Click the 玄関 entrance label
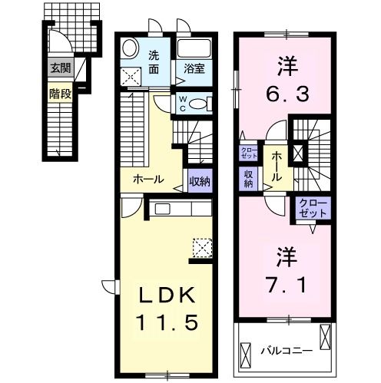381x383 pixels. pos(61,68)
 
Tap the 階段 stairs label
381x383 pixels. pos(60,94)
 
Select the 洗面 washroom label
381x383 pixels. pos(154,62)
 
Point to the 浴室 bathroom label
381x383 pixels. pos(194,68)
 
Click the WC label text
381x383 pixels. pos(183,104)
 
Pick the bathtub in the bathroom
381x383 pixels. pos(194,48)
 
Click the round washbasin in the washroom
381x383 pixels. pos(131,48)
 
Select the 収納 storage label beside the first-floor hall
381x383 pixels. pos(200,181)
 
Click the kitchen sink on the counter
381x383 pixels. pos(161,210)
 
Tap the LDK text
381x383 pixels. pos(167,296)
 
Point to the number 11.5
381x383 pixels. pos(167,322)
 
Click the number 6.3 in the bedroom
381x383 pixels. pos(288,94)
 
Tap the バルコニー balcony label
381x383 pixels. pos(287,351)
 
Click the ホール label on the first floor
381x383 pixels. pos(148,180)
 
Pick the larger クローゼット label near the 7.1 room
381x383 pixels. pos(313,208)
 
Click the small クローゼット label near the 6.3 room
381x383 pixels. pos(248,153)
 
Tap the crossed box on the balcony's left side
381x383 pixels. pos(246,355)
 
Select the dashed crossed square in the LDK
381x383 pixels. pos(202,248)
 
